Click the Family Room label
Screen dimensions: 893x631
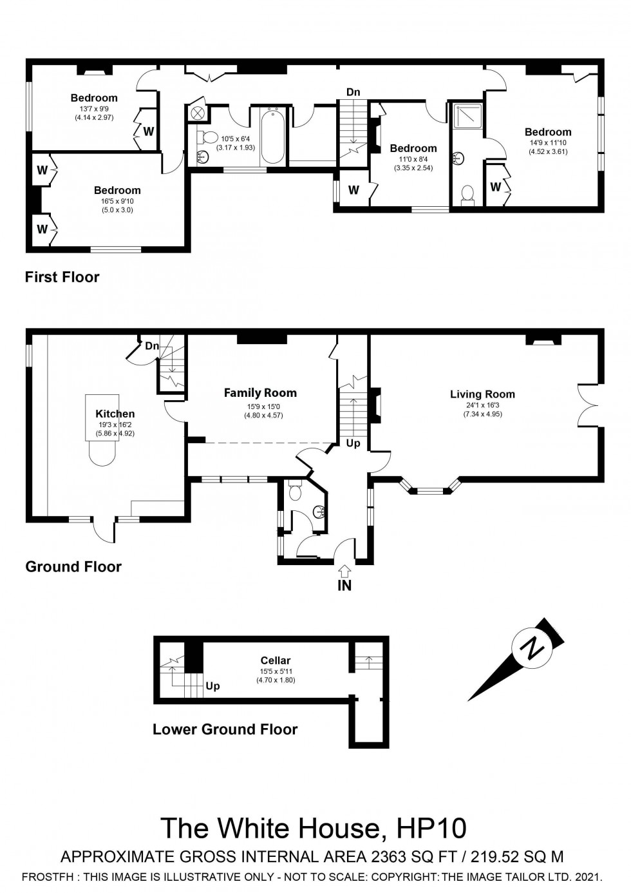point(260,392)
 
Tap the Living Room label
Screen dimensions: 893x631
point(482,394)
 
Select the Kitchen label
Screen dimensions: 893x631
point(115,414)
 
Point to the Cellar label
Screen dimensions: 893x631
point(276,660)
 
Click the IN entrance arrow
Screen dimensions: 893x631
point(344,571)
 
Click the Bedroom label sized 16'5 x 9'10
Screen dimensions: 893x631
point(117,190)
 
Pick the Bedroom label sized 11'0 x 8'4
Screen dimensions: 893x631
point(413,148)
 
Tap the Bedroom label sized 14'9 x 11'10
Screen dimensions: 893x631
point(548,132)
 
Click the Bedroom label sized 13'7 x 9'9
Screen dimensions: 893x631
point(94,98)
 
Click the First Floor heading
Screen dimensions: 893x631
point(62,277)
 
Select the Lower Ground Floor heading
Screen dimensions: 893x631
point(225,729)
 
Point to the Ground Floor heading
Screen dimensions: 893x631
point(73,566)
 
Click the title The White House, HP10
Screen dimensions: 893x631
point(314,828)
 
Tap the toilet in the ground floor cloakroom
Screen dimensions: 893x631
point(296,492)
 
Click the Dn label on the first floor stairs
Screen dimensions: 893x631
point(353,92)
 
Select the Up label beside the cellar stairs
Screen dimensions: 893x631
point(212,686)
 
